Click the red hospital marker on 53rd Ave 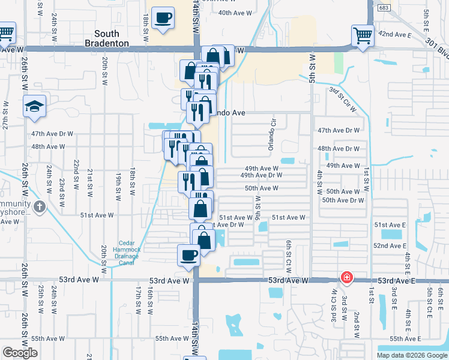[346, 277]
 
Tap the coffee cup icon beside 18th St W [163, 18]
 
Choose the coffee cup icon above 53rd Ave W [188, 255]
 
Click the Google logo [20, 353]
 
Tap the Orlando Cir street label [272, 139]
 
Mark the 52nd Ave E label [390, 246]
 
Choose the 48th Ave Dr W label [339, 148]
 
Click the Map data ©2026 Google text [412, 355]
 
